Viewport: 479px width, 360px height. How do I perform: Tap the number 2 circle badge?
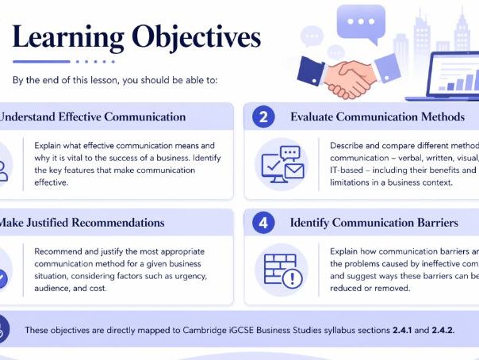click(264, 117)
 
